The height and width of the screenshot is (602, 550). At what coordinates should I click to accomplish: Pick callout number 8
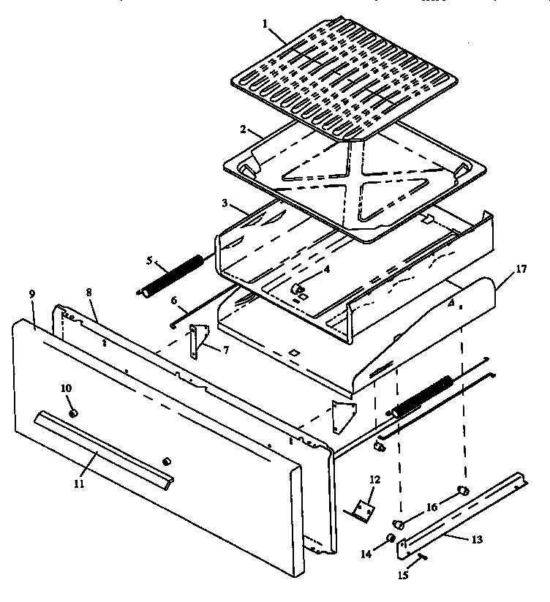click(x=88, y=293)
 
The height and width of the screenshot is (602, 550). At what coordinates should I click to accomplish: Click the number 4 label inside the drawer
click(x=328, y=269)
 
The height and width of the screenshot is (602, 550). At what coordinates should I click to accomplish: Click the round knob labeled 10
click(x=73, y=414)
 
